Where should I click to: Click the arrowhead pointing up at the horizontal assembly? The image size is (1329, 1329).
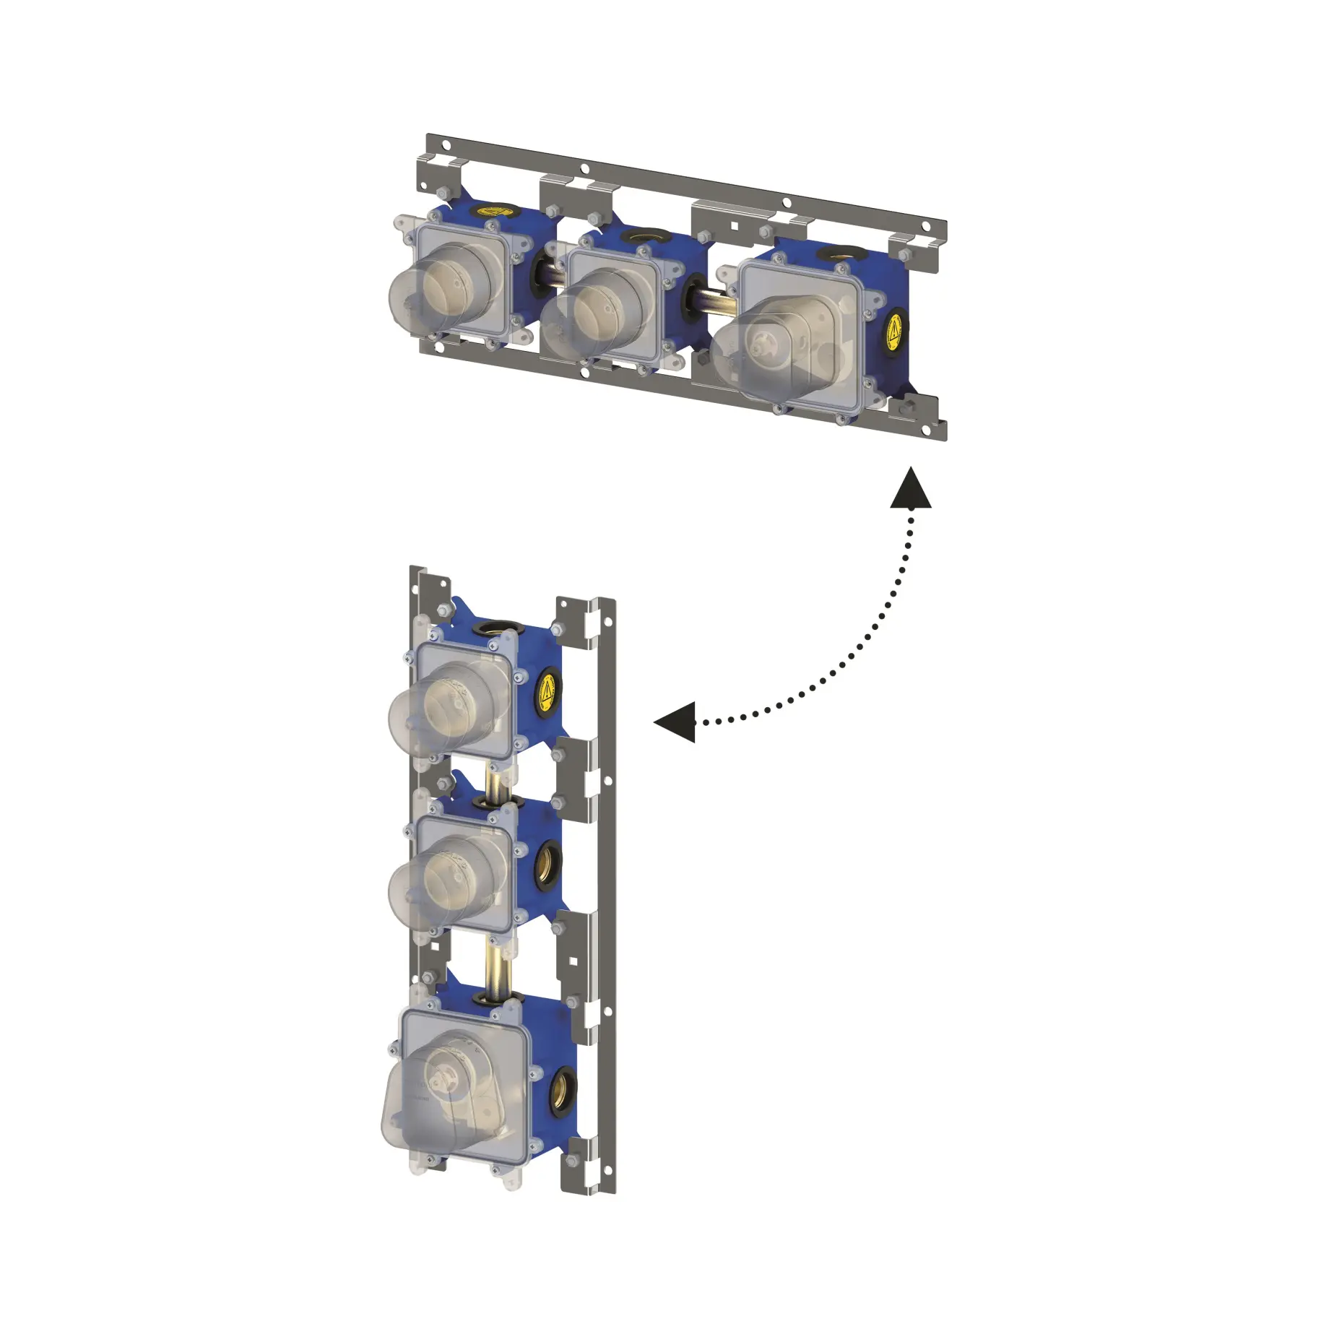(910, 489)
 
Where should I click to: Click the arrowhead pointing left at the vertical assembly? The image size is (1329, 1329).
(676, 722)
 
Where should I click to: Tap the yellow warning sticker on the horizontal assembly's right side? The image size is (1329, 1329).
(896, 334)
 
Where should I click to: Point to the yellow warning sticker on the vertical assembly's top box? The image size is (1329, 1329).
(549, 692)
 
